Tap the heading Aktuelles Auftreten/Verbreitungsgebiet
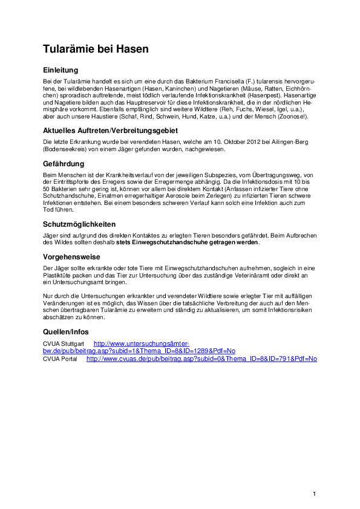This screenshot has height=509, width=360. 110,130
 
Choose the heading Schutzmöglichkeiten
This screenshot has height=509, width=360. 79,223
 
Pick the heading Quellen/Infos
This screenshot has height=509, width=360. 65,332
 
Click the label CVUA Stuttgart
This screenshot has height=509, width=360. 63,343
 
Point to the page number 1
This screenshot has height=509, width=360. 315,494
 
